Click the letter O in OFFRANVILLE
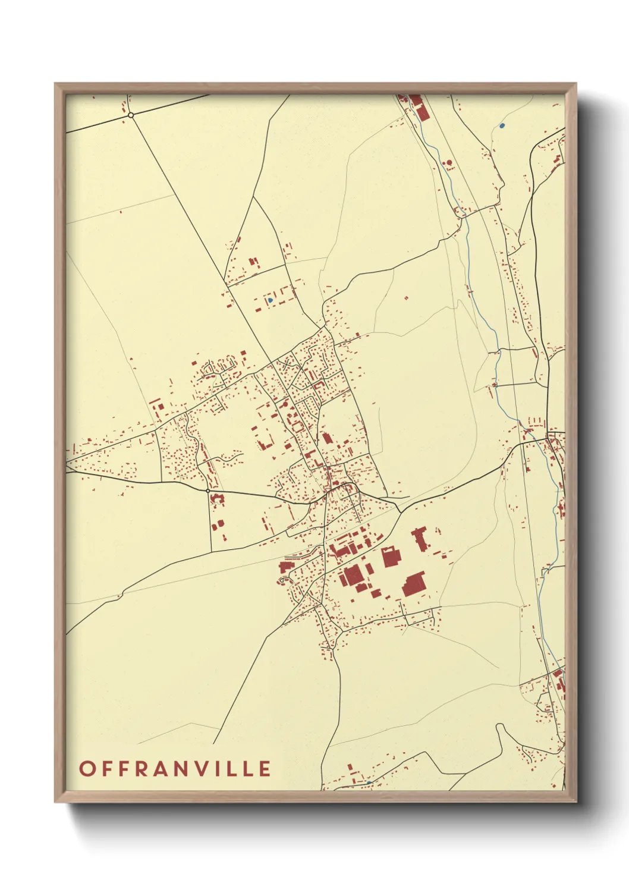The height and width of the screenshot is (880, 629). coord(87,768)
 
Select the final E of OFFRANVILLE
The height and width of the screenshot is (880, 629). coord(265,768)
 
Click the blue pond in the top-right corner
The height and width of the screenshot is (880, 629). coord(502,125)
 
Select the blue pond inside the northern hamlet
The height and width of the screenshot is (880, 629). coord(270,300)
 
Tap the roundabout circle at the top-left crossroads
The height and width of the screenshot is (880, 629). coord(131,115)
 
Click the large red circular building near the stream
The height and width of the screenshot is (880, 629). coord(449,162)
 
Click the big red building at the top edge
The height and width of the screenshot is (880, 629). coord(415,100)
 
